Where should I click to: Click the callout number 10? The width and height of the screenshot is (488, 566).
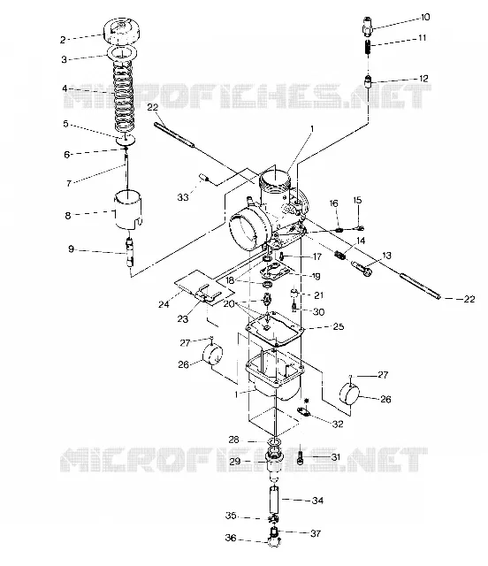tap(425, 17)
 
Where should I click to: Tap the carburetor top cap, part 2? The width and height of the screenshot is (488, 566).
tap(122, 31)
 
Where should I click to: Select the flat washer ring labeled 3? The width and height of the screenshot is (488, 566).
tap(122, 52)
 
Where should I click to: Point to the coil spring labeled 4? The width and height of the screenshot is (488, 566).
tap(123, 96)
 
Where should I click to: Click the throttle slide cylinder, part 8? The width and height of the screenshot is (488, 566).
tap(128, 210)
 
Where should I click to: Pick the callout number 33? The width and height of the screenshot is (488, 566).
tap(183, 197)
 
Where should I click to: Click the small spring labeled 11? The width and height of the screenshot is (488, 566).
tap(368, 47)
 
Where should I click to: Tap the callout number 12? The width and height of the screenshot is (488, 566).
tap(423, 79)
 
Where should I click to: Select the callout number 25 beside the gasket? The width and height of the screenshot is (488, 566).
tap(339, 326)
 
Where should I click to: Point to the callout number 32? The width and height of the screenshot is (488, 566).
tap(338, 424)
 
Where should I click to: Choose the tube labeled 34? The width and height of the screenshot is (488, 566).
tap(275, 500)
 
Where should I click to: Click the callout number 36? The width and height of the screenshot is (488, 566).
tap(231, 538)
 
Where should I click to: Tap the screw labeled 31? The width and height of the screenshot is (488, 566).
tap(300, 458)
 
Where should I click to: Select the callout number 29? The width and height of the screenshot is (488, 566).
tap(234, 462)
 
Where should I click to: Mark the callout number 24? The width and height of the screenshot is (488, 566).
tap(164, 304)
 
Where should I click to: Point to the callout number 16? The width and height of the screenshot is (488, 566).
tap(334, 203)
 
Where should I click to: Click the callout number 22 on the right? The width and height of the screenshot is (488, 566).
tap(469, 299)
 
